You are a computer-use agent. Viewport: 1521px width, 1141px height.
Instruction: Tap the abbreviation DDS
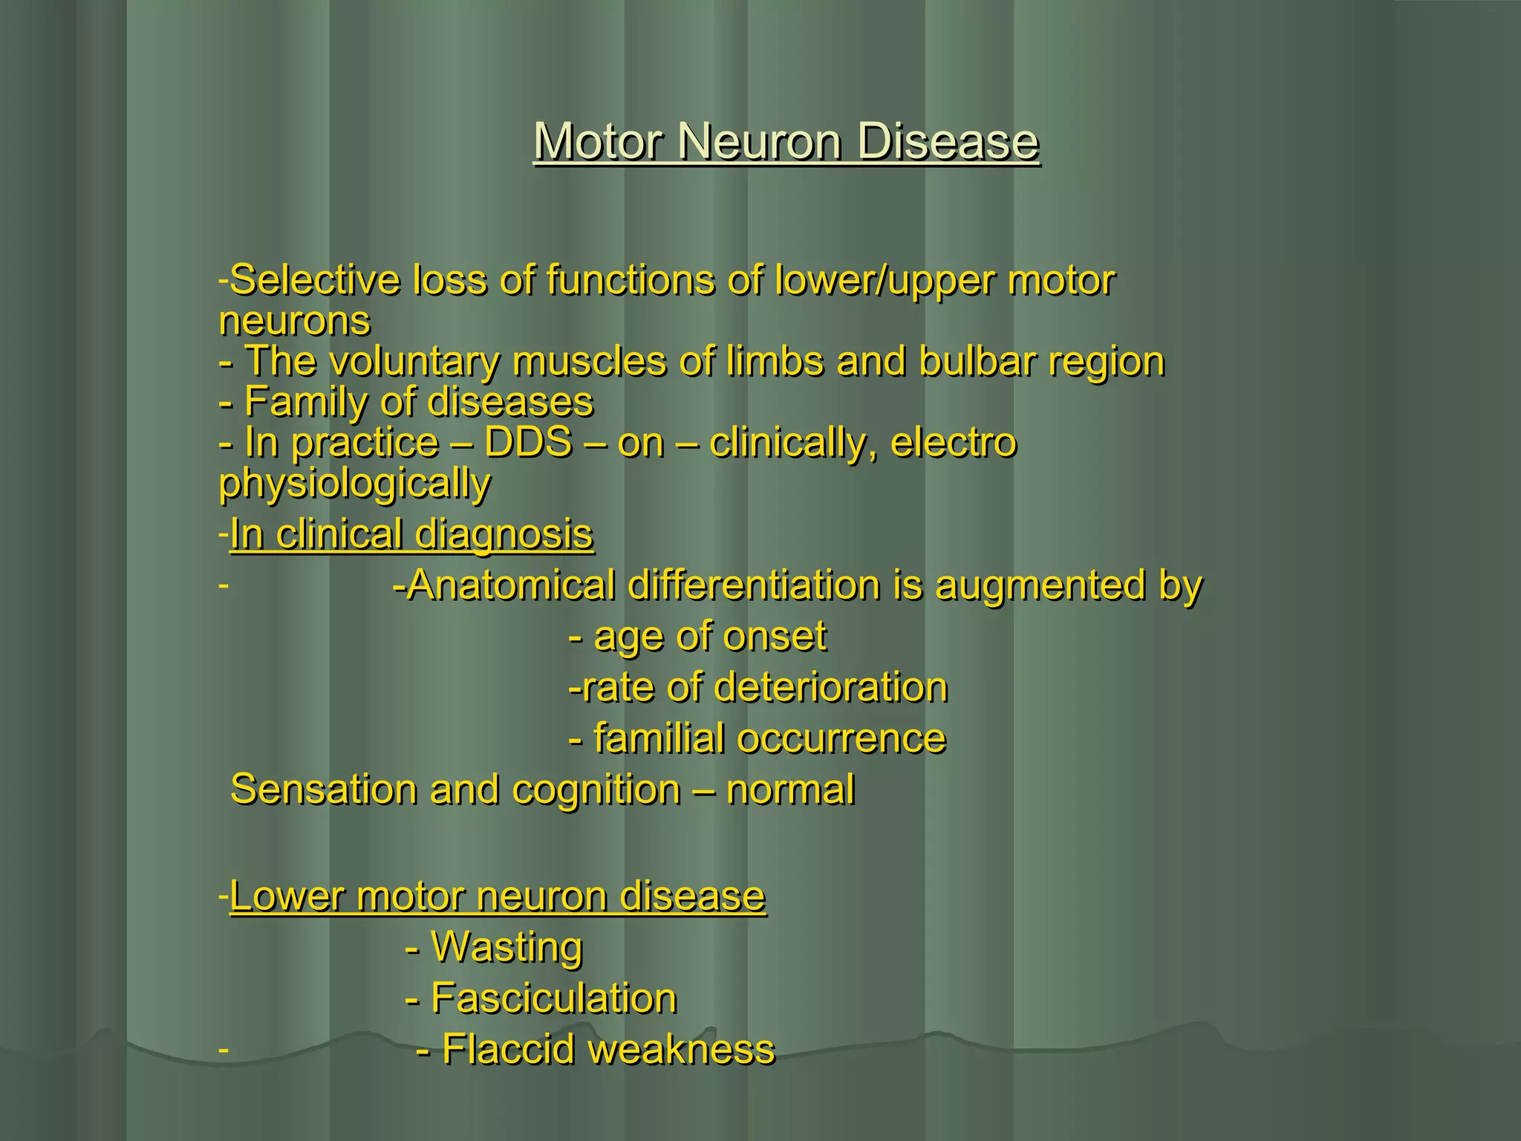coord(528,443)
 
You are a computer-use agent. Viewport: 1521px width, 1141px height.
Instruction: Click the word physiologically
coord(355,484)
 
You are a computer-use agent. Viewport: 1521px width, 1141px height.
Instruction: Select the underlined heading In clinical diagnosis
coord(411,534)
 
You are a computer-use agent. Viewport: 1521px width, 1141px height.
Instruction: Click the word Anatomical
coord(512,585)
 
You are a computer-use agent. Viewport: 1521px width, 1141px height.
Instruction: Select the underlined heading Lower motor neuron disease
coord(498,896)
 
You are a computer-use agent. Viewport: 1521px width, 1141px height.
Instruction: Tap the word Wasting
coord(507,947)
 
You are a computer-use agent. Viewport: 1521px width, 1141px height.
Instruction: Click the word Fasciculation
coord(554,998)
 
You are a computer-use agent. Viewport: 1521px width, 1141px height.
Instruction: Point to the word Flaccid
coord(509,1050)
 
